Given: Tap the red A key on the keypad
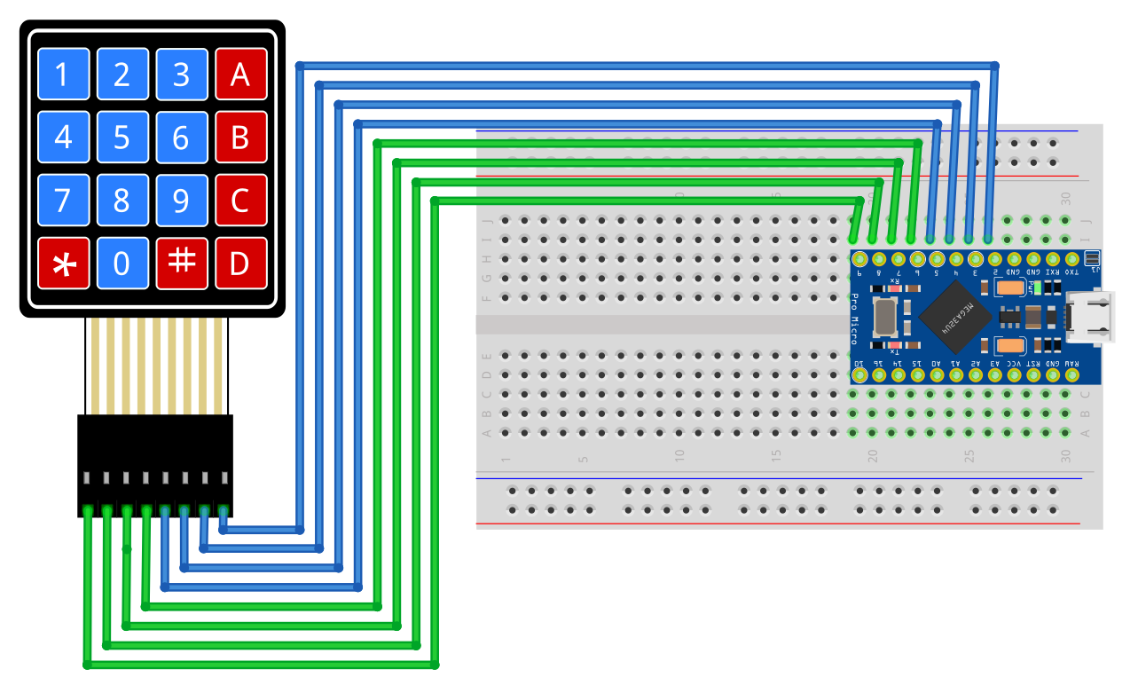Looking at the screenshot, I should (240, 75).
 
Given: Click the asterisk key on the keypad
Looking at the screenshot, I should (63, 264).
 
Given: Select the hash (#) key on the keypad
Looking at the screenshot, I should (181, 264).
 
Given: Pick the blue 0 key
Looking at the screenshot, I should (122, 264).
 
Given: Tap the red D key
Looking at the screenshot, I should (240, 264).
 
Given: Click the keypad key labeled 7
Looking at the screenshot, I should (63, 201).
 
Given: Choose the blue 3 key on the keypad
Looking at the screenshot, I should (181, 75).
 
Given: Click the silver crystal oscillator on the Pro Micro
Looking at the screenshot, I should (885, 317).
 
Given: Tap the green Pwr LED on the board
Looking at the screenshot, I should (1035, 287).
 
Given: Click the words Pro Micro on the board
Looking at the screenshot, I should (855, 318).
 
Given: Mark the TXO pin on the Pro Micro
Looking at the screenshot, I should (1072, 259).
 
